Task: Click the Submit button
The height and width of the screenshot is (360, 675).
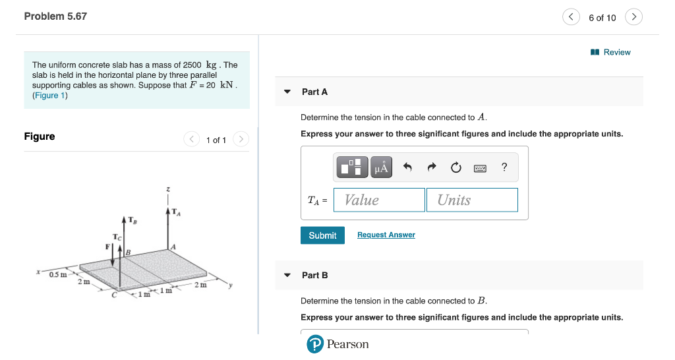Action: click(x=322, y=235)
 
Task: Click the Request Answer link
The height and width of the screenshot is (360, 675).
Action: click(x=386, y=235)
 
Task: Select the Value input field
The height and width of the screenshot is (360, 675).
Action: click(x=379, y=200)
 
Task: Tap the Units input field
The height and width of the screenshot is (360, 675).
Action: click(x=472, y=200)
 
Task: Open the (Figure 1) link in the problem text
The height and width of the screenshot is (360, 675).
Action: click(x=50, y=96)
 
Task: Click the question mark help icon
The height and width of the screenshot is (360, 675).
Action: click(x=504, y=167)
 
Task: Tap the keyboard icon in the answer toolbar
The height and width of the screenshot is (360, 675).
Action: click(x=481, y=168)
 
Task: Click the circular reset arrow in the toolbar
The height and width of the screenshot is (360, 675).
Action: click(x=456, y=168)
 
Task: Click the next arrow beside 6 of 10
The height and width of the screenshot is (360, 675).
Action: click(x=633, y=17)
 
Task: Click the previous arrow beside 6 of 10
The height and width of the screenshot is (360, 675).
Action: click(x=571, y=17)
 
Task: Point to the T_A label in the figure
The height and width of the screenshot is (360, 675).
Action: click(x=176, y=212)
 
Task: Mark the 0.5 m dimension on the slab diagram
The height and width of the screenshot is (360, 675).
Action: click(x=57, y=274)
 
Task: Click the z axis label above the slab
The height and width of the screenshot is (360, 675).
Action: click(x=169, y=190)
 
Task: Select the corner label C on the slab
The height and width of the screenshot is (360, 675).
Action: click(x=114, y=295)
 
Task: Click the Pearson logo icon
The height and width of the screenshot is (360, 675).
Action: click(x=316, y=344)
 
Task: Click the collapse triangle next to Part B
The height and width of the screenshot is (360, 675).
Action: click(x=287, y=275)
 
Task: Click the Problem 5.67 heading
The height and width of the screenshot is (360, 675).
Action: click(x=55, y=16)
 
